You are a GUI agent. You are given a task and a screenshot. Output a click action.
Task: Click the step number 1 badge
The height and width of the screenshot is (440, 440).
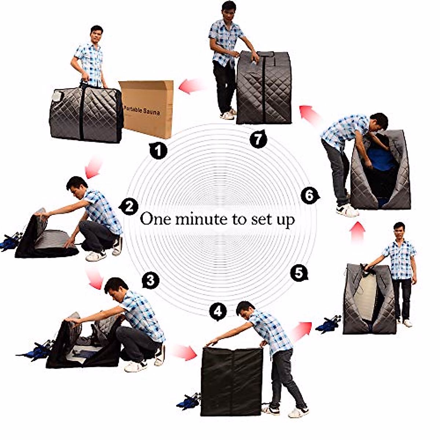tap(158, 151)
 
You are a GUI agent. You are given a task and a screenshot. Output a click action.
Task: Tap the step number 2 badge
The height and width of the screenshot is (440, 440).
tap(129, 208)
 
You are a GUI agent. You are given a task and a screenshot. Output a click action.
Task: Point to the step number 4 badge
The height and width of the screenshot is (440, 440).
tap(218, 312)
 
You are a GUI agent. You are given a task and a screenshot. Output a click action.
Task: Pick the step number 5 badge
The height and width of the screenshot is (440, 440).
tap(299, 273)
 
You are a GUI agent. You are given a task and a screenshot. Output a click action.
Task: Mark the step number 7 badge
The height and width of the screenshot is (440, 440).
tap(258, 139)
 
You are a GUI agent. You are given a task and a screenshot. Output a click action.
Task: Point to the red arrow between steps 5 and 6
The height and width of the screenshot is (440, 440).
tap(358, 233)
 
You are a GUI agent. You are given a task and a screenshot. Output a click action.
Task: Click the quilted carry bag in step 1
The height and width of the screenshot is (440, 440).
tap(86, 114)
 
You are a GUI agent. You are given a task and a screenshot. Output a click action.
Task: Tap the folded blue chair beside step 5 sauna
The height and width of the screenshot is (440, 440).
tap(328, 324)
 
